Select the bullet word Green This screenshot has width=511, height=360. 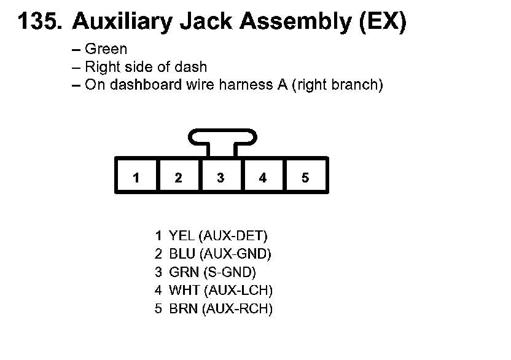click(106, 49)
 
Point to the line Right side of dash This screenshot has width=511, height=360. click(146, 67)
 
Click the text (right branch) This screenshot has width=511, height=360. click(337, 85)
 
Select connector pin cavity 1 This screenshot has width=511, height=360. click(136, 178)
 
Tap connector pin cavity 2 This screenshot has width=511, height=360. click(178, 178)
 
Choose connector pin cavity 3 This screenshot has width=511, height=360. click(220, 178)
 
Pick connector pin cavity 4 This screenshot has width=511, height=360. click(263, 178)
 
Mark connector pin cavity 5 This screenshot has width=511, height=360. click(305, 178)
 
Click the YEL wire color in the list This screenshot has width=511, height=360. click(182, 235)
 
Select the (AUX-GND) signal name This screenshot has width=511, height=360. click(236, 254)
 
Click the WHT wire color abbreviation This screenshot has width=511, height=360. click(184, 290)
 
